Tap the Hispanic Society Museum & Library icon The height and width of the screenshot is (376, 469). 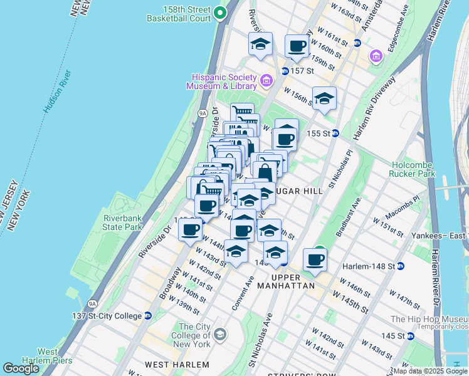pos(266,80)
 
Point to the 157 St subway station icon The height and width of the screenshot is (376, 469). pos(285,71)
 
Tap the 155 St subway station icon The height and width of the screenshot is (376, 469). pos(335,133)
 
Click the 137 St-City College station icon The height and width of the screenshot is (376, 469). pos(148,316)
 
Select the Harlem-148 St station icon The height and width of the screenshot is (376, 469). pos(401,266)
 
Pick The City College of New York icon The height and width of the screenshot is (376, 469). pos(220,334)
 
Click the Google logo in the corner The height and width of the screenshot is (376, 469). pos(21,368)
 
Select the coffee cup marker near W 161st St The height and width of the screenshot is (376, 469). pos(297,46)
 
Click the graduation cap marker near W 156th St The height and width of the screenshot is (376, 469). pos(324,98)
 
